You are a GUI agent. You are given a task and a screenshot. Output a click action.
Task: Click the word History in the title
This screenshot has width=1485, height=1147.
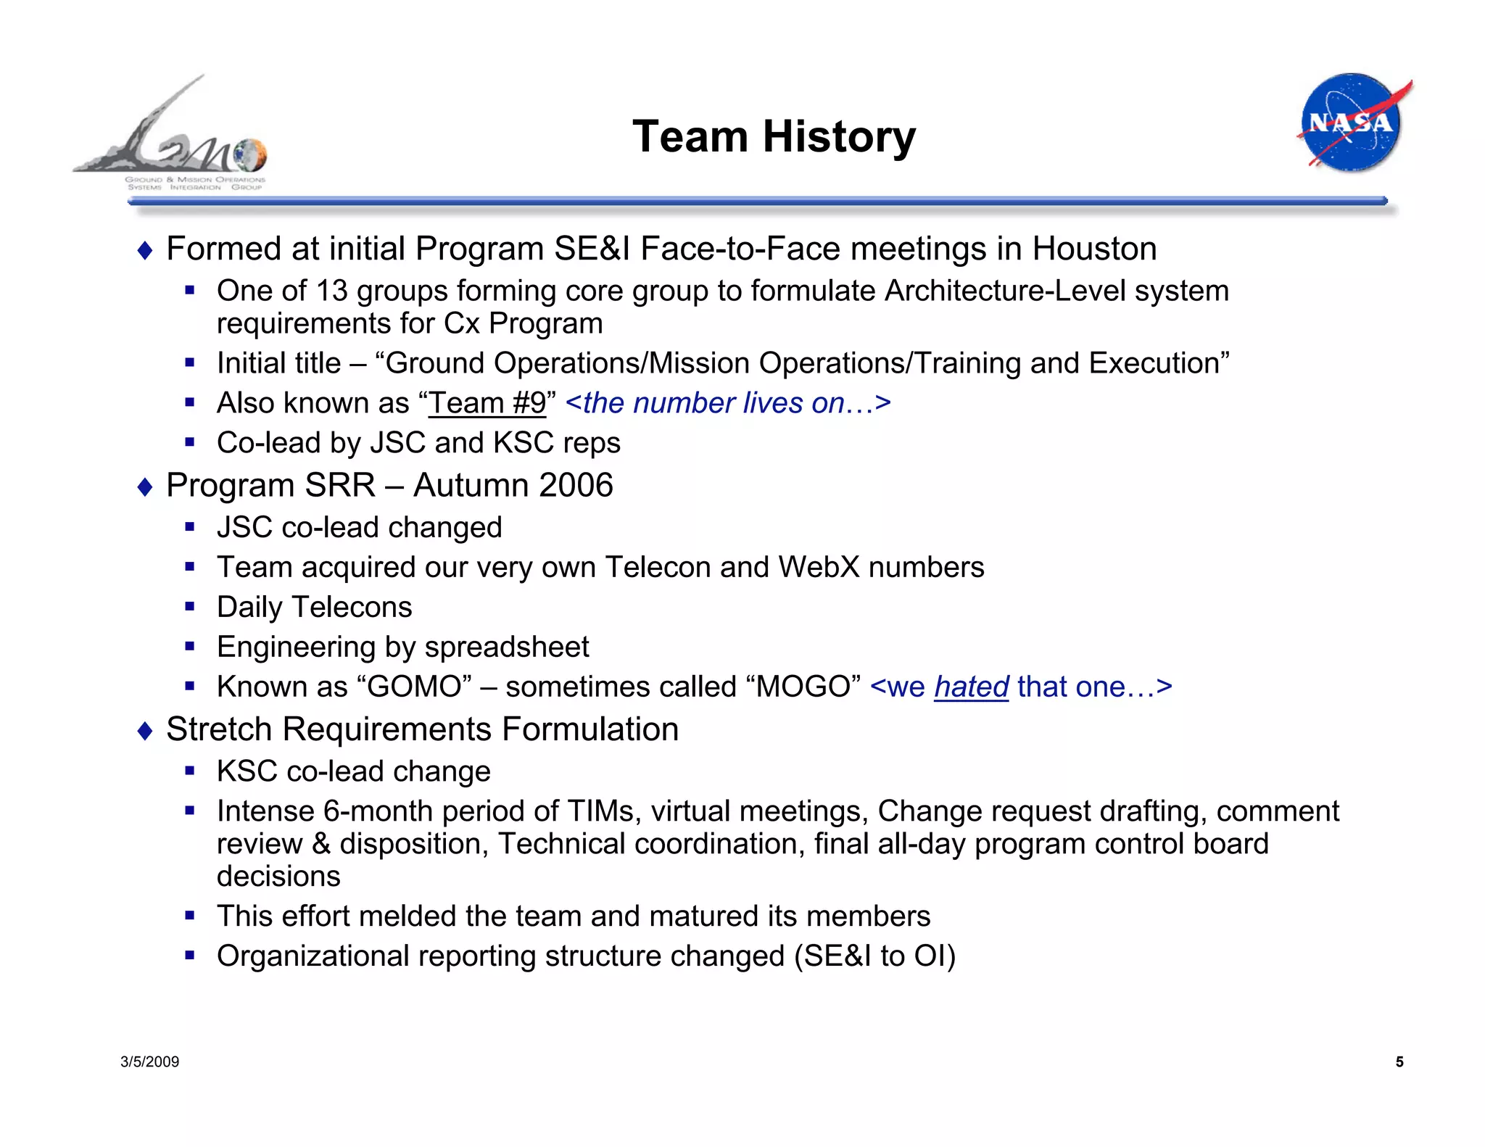coord(839,136)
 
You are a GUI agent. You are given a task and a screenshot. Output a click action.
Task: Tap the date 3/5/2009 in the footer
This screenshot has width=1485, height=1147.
coord(149,1062)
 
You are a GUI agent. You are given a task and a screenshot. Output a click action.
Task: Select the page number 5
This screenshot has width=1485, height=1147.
coord(1399,1062)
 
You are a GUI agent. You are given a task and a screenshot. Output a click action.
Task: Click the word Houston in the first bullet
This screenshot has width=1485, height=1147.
coord(1094,249)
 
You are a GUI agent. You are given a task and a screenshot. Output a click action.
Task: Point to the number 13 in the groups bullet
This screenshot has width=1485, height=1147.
coord(332,291)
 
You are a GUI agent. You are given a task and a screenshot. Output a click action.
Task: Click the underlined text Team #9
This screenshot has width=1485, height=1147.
coord(487,403)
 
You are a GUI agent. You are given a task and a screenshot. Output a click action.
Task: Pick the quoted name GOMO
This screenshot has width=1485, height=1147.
coord(415,687)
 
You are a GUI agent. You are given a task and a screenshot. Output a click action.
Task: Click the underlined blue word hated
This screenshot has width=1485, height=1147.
coord(971,687)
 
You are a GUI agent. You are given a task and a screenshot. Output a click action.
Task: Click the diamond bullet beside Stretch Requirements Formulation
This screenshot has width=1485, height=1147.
coord(145,731)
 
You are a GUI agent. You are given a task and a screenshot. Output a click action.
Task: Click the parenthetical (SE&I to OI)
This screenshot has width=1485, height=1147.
coord(874,956)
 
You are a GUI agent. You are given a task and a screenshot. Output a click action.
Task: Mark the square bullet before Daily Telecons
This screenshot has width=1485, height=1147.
coord(190,606)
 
